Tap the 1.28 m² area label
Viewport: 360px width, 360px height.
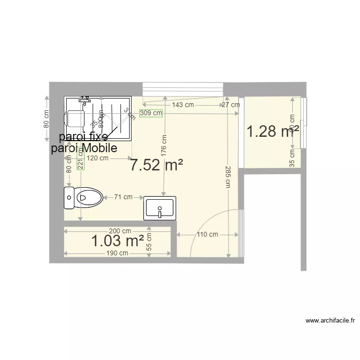tap(273, 131)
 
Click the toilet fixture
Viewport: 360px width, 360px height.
tap(84, 197)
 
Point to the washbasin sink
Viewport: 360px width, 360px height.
tap(160, 208)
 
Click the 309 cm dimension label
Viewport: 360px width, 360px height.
tap(151, 113)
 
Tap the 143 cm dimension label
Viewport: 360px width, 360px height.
tap(183, 105)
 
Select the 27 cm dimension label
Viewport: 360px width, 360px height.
tap(230, 105)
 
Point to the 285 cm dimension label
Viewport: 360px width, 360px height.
tap(228, 178)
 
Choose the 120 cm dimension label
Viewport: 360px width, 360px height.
tap(98, 158)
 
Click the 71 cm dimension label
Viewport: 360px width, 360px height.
tap(123, 197)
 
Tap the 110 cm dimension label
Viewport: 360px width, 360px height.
tap(207, 235)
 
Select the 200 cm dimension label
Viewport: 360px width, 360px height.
tap(120, 231)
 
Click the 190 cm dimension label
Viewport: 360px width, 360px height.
tap(117, 253)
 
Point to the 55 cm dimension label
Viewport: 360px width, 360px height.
tap(149, 243)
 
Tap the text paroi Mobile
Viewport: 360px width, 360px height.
tap(84, 148)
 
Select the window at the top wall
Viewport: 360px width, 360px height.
tap(183, 89)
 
